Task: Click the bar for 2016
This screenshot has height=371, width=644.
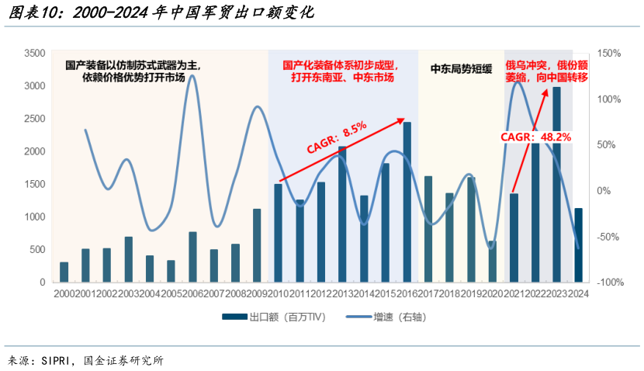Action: pos(407,202)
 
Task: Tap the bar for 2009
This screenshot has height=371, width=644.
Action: pos(257,245)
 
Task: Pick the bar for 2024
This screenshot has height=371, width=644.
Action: pos(578,245)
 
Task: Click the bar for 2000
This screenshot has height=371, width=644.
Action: pos(64,272)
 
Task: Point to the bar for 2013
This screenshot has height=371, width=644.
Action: pos(343,214)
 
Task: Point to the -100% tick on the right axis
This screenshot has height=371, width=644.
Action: pos(610,283)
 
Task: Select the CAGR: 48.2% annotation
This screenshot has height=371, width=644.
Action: pos(535,137)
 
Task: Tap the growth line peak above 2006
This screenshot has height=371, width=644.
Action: pos(192,76)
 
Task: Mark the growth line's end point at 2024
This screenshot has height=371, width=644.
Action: pos(578,248)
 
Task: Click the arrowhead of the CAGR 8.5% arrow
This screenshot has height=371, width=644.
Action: pos(402,120)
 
